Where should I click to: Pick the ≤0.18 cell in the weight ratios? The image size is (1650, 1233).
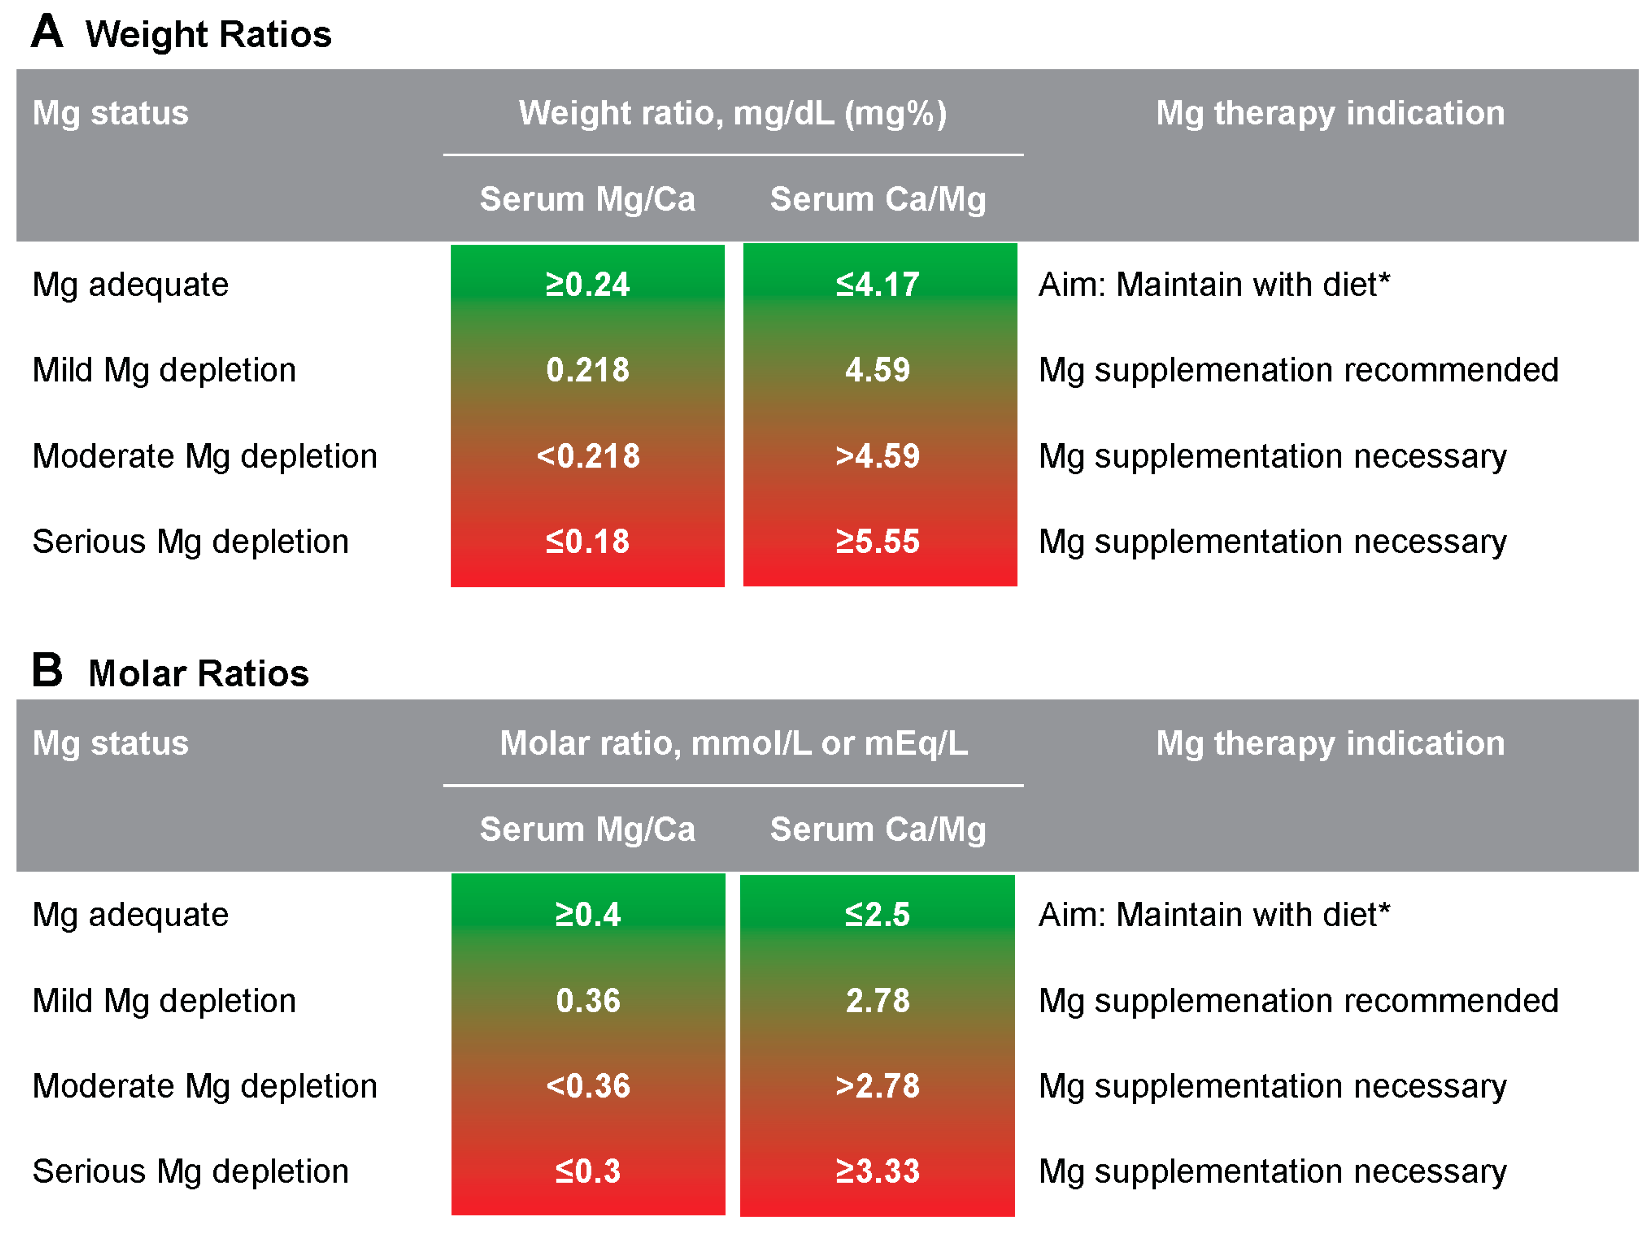click(x=587, y=541)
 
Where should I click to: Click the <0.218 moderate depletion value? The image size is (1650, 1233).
click(x=587, y=456)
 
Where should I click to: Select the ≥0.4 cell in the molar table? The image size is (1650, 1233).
click(x=587, y=915)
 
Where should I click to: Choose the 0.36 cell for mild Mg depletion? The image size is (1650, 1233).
click(x=587, y=1001)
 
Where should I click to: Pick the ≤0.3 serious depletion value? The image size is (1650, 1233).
click(x=587, y=1171)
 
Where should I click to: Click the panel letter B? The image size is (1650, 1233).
click(x=46, y=670)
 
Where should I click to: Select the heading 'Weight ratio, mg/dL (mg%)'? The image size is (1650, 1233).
click(x=733, y=114)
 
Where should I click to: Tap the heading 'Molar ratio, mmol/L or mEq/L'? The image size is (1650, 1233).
click(x=733, y=744)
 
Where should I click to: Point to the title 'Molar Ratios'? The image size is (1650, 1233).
click(x=199, y=674)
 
